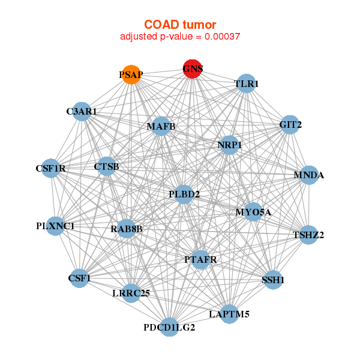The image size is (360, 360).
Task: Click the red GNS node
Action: [x=192, y=68]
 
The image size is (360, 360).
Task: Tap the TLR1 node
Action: [x=246, y=84]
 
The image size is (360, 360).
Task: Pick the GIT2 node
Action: [x=290, y=124]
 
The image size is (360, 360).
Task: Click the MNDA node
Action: [x=308, y=175]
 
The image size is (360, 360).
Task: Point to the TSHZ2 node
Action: [x=308, y=235]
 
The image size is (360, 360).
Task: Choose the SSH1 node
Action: [x=273, y=280]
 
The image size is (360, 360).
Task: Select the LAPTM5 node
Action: [x=229, y=314]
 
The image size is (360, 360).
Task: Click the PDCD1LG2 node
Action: [x=170, y=327]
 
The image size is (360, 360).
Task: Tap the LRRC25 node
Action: [x=131, y=293]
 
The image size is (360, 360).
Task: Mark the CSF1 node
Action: [x=79, y=278]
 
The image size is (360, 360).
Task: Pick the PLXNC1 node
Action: [x=55, y=226]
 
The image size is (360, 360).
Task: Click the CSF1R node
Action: [x=56, y=169]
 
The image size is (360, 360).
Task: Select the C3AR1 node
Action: [x=82, y=112]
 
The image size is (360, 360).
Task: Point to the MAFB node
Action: [x=161, y=126]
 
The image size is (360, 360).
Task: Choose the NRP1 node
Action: [x=229, y=145]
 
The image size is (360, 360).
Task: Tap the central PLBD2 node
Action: [x=184, y=194]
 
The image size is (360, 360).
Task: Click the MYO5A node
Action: [x=253, y=212]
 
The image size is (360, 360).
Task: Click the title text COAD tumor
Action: [x=180, y=25]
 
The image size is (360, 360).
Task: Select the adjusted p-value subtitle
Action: [x=180, y=37]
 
